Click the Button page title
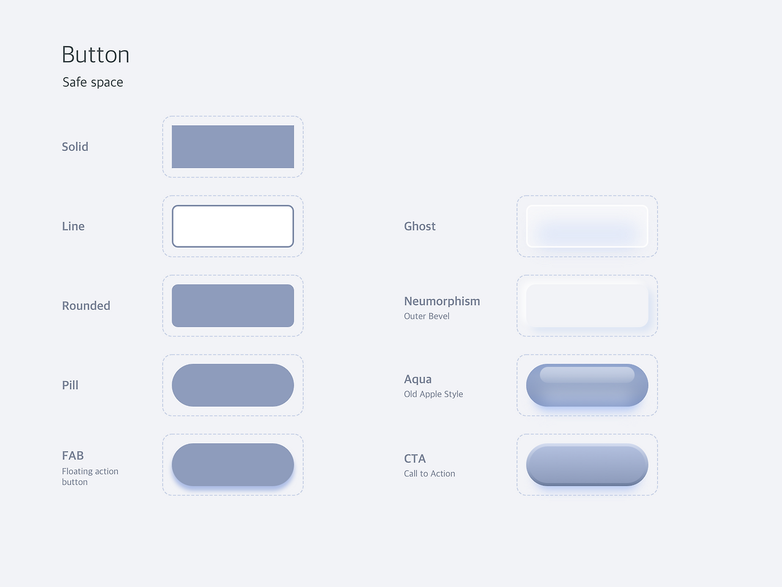tap(95, 55)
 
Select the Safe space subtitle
tap(93, 83)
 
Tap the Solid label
tap(75, 147)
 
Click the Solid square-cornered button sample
tap(233, 147)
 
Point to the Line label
tap(73, 226)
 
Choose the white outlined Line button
tap(233, 226)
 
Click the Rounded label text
tap(86, 306)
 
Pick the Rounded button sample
tap(233, 306)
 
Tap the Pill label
tap(70, 385)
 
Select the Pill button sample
tap(233, 385)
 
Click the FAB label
tap(73, 456)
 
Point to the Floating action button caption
tap(90, 476)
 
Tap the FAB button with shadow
tap(233, 464)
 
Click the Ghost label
tap(420, 226)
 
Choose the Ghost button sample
tap(586, 226)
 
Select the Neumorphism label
tap(442, 301)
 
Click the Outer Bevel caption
tap(426, 316)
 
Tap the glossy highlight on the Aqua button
tap(586, 375)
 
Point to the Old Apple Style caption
tap(433, 394)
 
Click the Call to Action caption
tap(429, 474)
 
